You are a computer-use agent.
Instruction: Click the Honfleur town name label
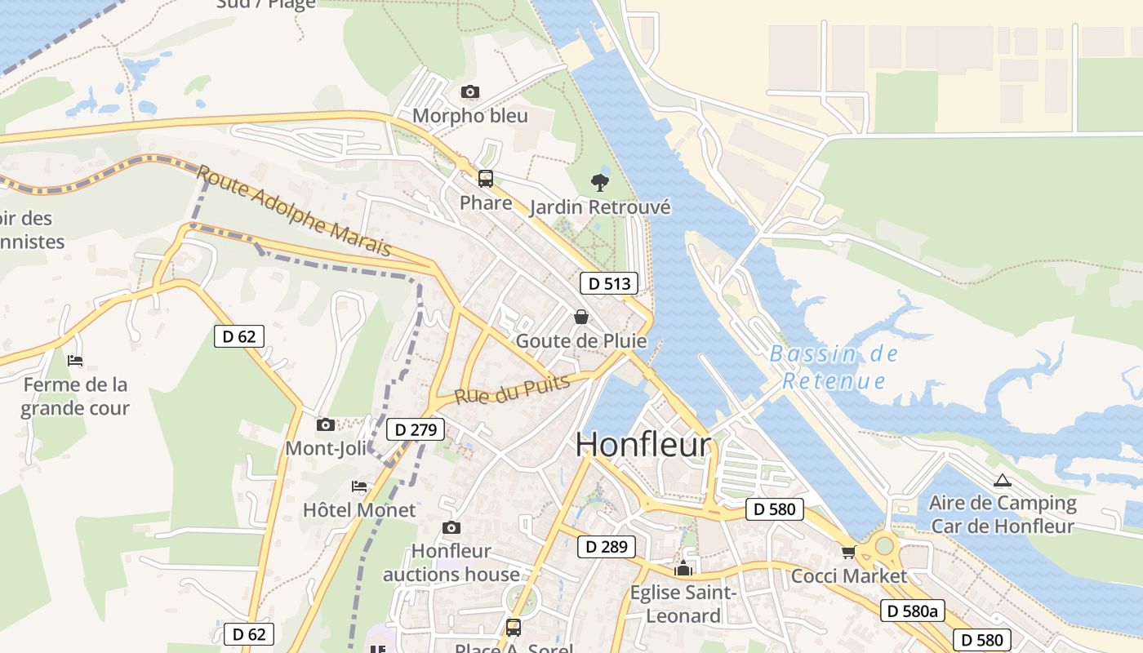643,445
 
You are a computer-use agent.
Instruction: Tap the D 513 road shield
608,283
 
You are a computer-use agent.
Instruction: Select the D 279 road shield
416,429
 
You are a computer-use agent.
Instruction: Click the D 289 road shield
606,547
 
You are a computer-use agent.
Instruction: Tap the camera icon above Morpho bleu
469,91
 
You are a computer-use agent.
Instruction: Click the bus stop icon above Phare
486,179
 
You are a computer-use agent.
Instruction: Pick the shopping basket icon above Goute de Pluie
581,317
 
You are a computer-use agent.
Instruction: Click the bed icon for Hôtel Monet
359,486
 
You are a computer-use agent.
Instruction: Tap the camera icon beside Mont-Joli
325,424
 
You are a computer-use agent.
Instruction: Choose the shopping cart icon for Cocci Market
849,553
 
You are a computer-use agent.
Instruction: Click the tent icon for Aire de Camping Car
1003,480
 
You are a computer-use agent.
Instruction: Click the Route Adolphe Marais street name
295,210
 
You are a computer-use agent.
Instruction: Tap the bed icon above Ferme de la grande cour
75,360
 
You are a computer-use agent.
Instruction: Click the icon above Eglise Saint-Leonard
683,568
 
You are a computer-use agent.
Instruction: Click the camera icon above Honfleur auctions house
451,528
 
